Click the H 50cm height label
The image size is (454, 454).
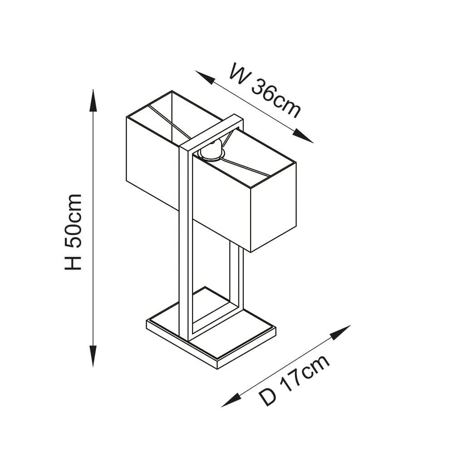coord(73,232)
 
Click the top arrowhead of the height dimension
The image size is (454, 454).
coord(93,100)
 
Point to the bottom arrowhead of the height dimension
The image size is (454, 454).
coord(93,356)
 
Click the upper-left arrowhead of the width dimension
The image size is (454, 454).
coord(205,77)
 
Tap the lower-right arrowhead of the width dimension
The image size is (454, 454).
coord(303,136)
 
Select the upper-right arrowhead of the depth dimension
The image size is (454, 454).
coord(340,332)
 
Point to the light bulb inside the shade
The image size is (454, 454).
coord(212,151)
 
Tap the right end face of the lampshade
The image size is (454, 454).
coord(273,207)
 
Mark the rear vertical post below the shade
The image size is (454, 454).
coord(237,278)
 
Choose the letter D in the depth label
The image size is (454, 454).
coord(268,397)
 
